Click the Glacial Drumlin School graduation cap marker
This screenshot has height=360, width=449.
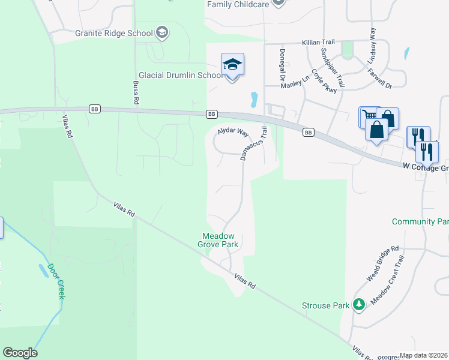(x=232, y=64)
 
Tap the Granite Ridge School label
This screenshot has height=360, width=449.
(x=114, y=33)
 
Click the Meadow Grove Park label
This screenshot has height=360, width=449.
(x=218, y=240)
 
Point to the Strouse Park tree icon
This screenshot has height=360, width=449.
(x=358, y=305)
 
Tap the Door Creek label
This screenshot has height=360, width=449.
(x=56, y=281)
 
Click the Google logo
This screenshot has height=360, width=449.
(x=20, y=353)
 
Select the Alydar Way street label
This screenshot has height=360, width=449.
(x=233, y=131)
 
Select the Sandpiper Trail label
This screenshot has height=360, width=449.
(x=332, y=67)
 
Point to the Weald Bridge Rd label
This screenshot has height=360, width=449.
(x=382, y=264)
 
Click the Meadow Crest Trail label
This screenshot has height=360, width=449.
(x=389, y=279)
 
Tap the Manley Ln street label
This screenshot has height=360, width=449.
(x=295, y=82)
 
